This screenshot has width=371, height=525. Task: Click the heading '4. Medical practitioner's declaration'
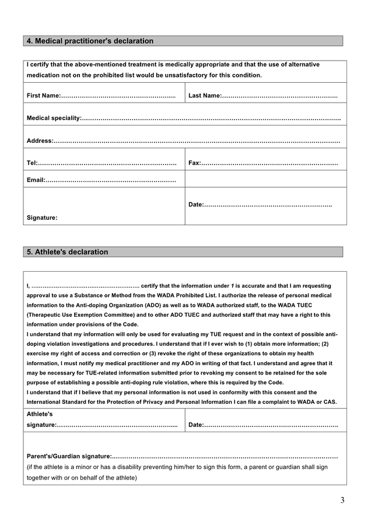90,41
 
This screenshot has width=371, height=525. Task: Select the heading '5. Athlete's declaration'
68,252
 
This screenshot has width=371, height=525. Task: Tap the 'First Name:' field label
43,95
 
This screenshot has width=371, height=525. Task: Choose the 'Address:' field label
40,141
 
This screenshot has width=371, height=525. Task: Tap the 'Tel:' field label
32,163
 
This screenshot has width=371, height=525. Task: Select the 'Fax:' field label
194,163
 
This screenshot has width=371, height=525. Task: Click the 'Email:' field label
36,180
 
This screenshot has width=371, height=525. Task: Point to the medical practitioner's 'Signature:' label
42,218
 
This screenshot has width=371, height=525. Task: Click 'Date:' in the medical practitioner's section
197,204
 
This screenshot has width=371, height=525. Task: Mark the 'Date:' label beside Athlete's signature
197,425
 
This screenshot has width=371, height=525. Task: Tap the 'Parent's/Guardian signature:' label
69,456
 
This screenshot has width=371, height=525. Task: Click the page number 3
342,500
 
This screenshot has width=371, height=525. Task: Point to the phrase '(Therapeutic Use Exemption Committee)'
73,314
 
